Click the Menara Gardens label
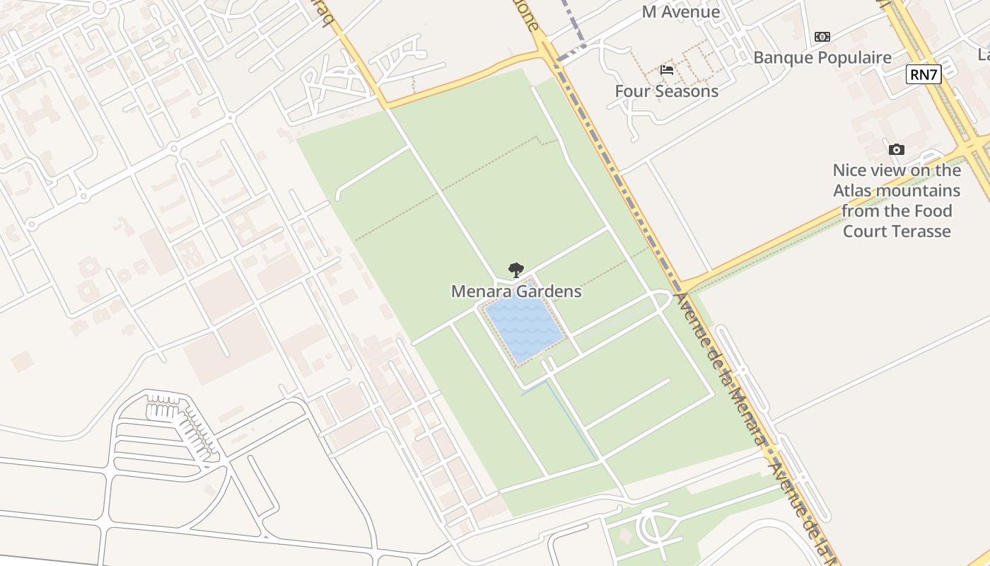(516, 291)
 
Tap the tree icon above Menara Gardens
(516, 270)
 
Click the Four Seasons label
(666, 91)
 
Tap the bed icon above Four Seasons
(666, 70)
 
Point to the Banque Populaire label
(822, 58)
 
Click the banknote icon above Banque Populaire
(822, 37)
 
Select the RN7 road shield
(924, 74)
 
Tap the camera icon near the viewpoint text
(897, 149)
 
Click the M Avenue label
(681, 12)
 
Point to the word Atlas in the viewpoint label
(853, 191)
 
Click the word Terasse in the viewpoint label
(921, 231)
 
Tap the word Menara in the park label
(482, 291)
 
